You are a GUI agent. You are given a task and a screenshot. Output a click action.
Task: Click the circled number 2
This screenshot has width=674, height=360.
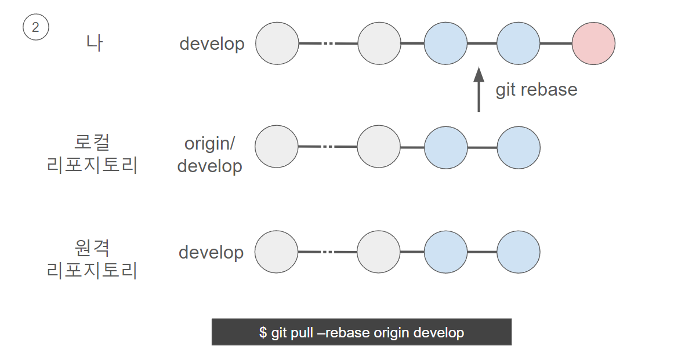click(36, 27)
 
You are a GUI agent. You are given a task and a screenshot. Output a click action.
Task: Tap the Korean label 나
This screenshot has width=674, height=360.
click(94, 43)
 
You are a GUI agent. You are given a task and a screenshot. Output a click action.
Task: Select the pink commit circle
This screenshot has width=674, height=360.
click(593, 43)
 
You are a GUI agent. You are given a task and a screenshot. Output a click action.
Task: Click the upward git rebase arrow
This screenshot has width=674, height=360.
click(479, 89)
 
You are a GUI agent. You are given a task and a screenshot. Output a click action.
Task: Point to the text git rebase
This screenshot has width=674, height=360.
click(536, 90)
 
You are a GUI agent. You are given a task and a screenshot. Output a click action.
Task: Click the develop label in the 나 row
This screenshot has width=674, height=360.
click(212, 44)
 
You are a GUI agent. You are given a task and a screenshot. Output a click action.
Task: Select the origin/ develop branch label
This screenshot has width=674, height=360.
click(210, 155)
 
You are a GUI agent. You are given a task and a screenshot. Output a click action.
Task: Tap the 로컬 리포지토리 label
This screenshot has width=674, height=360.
click(92, 154)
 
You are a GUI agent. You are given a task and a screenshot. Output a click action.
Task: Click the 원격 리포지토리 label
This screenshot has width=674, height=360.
click(92, 259)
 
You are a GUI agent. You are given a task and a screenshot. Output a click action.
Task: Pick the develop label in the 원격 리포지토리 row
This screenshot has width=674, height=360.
click(211, 253)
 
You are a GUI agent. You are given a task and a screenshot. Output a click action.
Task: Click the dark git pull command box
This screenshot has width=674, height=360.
click(361, 332)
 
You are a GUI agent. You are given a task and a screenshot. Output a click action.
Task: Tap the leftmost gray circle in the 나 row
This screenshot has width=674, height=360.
click(277, 43)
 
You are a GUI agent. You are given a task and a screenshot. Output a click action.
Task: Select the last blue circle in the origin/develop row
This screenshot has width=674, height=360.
click(519, 147)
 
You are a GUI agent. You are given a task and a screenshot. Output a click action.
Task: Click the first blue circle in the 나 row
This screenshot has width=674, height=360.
click(445, 43)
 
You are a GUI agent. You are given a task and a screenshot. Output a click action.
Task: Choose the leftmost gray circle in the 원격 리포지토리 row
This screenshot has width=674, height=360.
click(277, 252)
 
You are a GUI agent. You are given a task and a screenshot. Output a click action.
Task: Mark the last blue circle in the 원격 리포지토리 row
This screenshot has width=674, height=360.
click(519, 252)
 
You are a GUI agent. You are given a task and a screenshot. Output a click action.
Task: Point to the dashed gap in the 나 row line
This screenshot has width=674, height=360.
click(328, 43)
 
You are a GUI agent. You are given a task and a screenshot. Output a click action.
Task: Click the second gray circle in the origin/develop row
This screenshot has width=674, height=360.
click(379, 147)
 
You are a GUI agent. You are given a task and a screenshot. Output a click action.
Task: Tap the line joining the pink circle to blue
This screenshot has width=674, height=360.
click(556, 43)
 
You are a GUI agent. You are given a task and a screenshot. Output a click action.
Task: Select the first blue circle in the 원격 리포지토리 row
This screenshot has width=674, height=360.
click(445, 252)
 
